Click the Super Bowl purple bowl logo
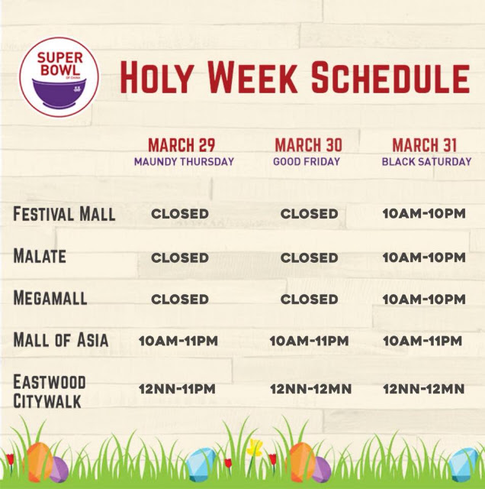(x=59, y=77)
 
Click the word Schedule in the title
(x=390, y=77)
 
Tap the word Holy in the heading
(x=155, y=77)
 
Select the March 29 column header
(x=181, y=144)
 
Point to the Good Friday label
(x=307, y=161)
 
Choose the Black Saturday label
(x=426, y=161)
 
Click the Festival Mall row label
(x=64, y=214)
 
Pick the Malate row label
(x=40, y=256)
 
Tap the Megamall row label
(x=50, y=297)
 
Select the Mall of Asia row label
(x=61, y=339)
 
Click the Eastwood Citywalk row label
(x=49, y=391)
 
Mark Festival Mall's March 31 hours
(x=424, y=214)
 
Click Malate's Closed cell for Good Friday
(x=309, y=257)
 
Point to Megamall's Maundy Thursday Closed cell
(x=180, y=300)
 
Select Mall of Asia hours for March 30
(x=309, y=341)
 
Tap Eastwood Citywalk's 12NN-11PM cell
(x=177, y=389)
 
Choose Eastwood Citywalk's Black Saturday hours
(x=424, y=389)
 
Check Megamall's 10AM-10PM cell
(x=424, y=300)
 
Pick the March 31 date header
(x=424, y=144)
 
